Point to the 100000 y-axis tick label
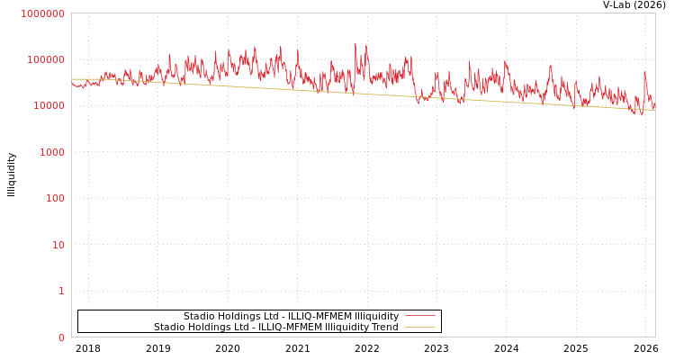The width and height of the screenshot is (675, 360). (x=45, y=59)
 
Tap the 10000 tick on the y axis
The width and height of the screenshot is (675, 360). (x=48, y=106)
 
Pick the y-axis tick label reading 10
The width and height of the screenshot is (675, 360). (x=58, y=245)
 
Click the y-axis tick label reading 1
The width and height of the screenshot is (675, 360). (x=61, y=291)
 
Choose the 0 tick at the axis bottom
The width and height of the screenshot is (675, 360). (x=61, y=337)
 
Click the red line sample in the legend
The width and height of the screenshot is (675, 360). (x=419, y=316)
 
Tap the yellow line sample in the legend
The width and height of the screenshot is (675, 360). (x=419, y=327)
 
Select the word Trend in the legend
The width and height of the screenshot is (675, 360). (x=384, y=327)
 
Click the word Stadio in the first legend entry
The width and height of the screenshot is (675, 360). (x=199, y=316)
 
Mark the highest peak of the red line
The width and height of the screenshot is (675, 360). (x=355, y=43)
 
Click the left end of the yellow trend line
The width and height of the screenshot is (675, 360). (x=72, y=79)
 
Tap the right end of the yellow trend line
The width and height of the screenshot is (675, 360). (x=654, y=110)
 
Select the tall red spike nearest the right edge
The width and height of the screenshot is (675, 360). (x=644, y=72)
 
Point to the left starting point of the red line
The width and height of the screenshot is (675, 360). (x=72, y=84)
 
